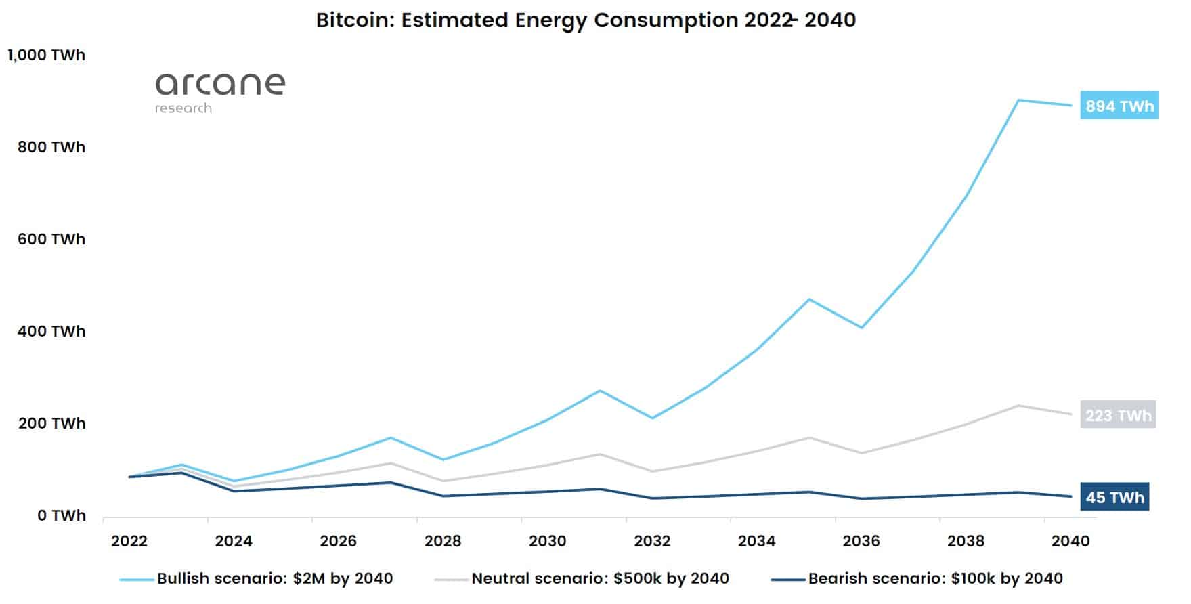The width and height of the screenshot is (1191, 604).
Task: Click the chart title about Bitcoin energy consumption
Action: tap(586, 20)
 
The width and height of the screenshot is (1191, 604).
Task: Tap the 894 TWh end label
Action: tap(1119, 106)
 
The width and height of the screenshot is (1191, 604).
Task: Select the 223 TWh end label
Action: tap(1118, 415)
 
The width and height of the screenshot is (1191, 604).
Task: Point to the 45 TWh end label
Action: tap(1114, 498)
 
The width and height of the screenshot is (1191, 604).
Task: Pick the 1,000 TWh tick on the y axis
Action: tap(47, 55)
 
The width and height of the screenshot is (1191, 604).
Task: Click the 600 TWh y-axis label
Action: tap(51, 239)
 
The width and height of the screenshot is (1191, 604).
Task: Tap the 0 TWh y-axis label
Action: tap(62, 515)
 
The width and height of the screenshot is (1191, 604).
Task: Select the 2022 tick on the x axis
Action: tap(129, 541)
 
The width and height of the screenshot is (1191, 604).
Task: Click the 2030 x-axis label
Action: tap(547, 541)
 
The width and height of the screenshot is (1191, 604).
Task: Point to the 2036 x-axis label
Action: tap(861, 541)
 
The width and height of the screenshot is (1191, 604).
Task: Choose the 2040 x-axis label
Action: tap(1070, 541)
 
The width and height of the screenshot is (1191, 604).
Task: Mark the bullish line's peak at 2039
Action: tap(1018, 100)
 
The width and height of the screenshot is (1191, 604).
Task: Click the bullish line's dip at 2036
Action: tap(861, 328)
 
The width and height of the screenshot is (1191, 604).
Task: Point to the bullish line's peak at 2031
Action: tap(600, 391)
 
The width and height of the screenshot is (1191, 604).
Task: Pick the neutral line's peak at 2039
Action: tap(1018, 406)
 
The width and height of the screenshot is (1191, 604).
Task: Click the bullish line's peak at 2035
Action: tap(808, 299)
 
